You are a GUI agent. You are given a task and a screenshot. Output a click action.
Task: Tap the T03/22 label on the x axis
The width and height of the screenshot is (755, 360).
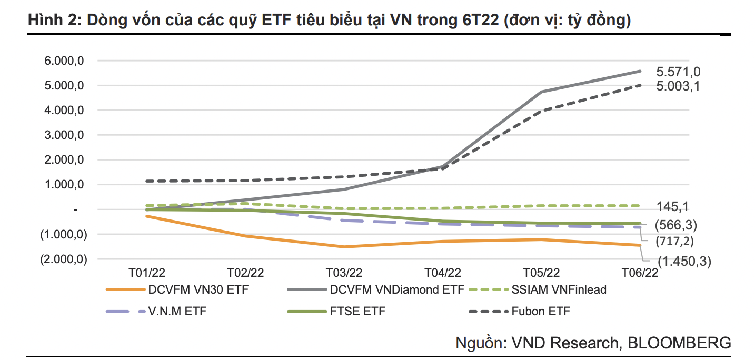coord(344,273)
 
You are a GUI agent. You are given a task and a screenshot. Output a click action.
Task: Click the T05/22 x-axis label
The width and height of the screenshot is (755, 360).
coord(541,273)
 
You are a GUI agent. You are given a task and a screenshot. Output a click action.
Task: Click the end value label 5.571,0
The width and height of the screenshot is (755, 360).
coord(678,72)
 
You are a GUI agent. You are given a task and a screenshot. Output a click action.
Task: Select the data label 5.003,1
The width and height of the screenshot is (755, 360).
coord(678,86)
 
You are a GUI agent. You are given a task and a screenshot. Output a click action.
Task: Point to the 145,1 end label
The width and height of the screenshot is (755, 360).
coord(674,206)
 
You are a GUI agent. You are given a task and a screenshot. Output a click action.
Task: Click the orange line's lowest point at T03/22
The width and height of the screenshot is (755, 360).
coord(344,247)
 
